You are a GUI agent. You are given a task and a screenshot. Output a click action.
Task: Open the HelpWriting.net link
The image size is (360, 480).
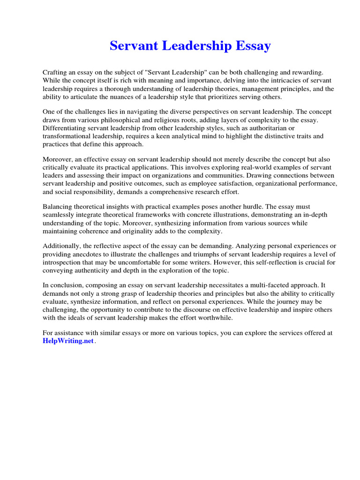pos(68,341)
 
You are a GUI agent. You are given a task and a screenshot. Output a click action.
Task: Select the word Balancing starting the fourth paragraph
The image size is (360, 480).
pos(58,207)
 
